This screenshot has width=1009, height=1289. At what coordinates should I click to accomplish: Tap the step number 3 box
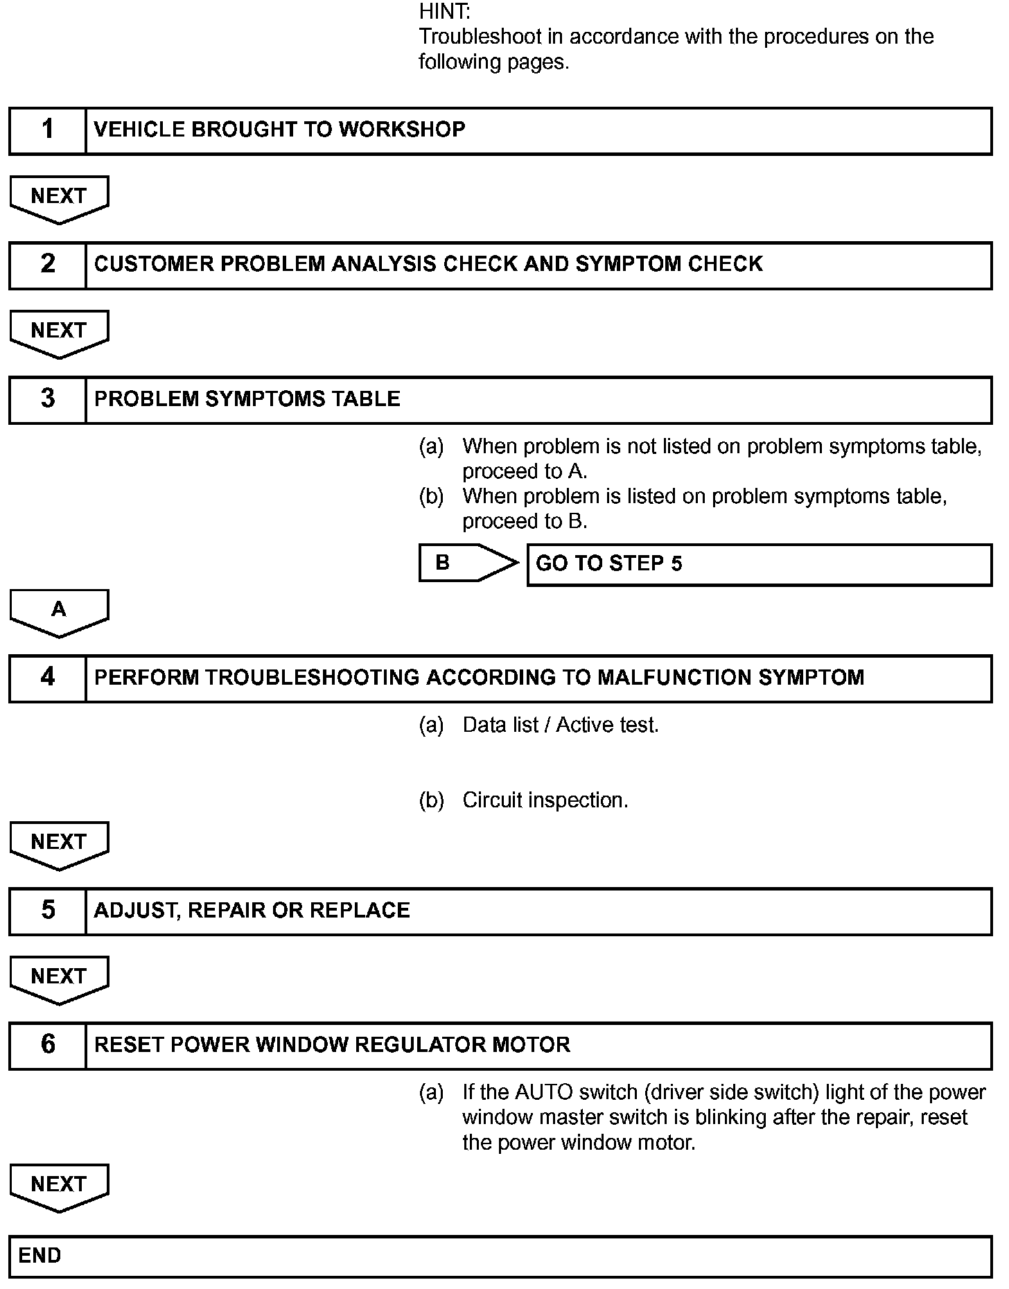coord(47,399)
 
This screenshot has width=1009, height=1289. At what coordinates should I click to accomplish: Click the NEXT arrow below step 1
coord(59,198)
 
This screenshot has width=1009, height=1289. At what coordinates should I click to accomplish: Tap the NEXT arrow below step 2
coord(59,332)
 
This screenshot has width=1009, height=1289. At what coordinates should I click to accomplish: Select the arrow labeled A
coord(59,611)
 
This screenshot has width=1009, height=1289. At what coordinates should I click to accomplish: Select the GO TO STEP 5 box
coord(759,564)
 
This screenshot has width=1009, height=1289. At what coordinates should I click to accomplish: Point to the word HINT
coord(444,11)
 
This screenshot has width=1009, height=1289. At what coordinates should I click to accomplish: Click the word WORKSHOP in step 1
coord(402,130)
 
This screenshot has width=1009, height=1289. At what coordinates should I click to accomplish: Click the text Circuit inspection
coord(545,800)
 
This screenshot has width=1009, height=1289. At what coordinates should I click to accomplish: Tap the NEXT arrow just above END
coord(59,1186)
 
